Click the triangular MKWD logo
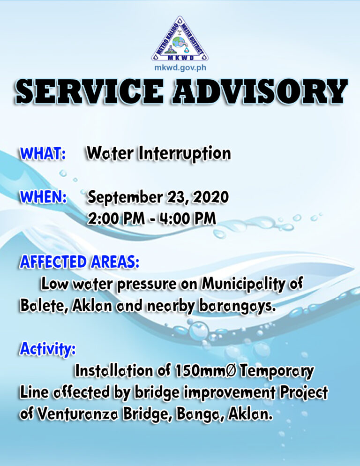[180, 39]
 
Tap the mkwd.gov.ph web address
[180, 68]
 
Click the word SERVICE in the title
[90, 92]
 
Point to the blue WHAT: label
[43, 154]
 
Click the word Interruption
[185, 154]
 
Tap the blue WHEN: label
[44, 197]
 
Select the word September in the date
[126, 198]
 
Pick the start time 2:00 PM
[116, 219]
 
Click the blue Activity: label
[47, 349]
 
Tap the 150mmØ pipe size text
[206, 371]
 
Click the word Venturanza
[79, 414]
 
